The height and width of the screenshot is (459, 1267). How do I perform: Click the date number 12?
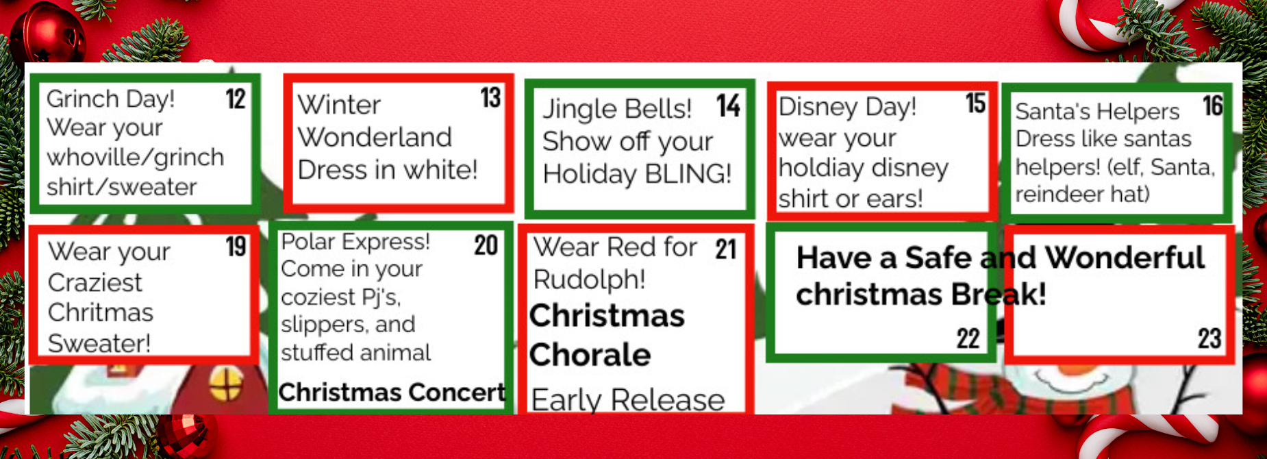pos(236,99)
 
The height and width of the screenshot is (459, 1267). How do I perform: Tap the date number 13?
pos(490,97)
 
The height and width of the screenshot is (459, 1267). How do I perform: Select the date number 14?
pos(729,106)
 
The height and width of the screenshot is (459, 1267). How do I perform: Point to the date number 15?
pos(975,103)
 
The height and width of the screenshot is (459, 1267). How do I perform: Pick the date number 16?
pos(1213,106)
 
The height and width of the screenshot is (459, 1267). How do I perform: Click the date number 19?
pos(236,247)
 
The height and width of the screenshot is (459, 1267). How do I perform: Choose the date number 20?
pos(486,245)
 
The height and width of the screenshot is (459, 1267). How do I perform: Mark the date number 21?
pos(726,249)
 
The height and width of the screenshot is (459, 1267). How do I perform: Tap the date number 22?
pos(968,338)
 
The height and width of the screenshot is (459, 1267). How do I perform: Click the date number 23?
pos(1209,338)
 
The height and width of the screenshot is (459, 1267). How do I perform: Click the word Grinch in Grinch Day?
pos(83,99)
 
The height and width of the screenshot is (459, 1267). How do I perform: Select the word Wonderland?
pos(375,137)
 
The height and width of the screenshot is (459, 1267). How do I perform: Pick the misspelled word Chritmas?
pos(101,312)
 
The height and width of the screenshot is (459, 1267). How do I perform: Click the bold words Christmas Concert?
pos(392,393)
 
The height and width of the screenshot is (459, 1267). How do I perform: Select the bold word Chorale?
pos(590,355)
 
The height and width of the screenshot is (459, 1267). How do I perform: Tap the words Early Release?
pos(628,399)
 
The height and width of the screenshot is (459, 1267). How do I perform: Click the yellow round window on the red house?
pos(226,384)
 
